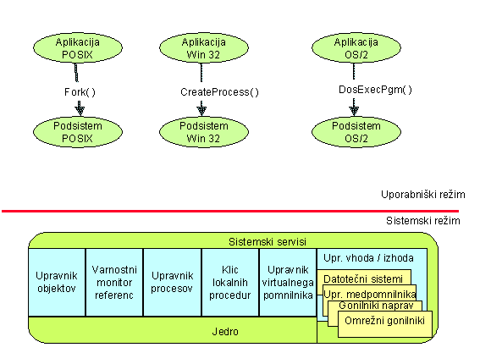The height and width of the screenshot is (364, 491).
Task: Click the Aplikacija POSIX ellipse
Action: pyautogui.click(x=78, y=48)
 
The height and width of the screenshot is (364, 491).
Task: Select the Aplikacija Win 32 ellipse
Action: pyautogui.click(x=204, y=48)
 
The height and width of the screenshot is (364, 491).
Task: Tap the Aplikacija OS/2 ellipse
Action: pyautogui.click(x=356, y=48)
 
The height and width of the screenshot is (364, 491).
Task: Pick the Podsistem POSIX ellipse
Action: pyautogui.click(x=78, y=132)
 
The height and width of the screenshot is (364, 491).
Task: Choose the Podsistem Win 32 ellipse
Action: pyautogui.click(x=204, y=132)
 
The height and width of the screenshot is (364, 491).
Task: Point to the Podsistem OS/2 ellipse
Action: pyautogui.click(x=356, y=132)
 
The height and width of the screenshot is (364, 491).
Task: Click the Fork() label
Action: pyautogui.click(x=80, y=92)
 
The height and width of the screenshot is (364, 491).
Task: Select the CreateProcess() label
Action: pyautogui.click(x=219, y=92)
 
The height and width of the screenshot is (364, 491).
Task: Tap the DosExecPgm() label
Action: pyautogui.click(x=375, y=90)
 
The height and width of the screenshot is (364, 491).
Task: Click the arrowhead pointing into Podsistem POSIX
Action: pyautogui.click(x=80, y=111)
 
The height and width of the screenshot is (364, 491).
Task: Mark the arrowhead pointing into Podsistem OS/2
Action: pyautogui.click(x=354, y=111)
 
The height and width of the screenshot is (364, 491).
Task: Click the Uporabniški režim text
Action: pyautogui.click(x=423, y=195)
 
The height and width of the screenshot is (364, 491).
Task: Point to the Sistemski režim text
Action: pyautogui.click(x=423, y=221)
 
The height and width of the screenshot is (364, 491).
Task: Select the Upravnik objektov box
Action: pyautogui.click(x=57, y=282)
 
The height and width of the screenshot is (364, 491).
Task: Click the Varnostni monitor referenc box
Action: pyautogui.click(x=114, y=282)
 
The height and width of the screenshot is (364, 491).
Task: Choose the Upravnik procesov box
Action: pyautogui.click(x=172, y=282)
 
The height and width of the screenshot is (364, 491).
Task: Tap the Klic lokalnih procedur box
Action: pyautogui.click(x=230, y=282)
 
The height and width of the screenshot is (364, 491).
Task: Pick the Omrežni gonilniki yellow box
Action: pyautogui.click(x=385, y=324)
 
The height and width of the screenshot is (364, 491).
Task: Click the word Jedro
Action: pyautogui.click(x=225, y=332)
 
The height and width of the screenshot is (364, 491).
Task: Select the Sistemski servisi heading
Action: pyautogui.click(x=268, y=242)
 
